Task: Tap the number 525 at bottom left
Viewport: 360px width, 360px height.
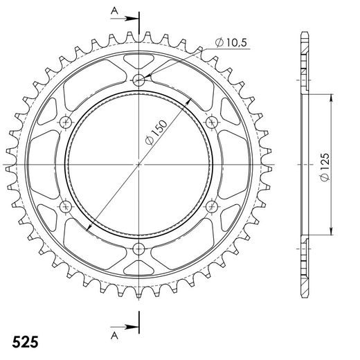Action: click(25, 343)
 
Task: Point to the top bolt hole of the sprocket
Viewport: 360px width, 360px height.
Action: click(139, 80)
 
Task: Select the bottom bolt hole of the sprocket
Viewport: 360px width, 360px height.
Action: click(139, 249)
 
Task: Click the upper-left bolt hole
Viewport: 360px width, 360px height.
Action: click(66, 123)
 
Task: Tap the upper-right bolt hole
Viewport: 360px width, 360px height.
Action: click(213, 123)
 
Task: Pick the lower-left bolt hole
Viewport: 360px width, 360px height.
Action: click(66, 207)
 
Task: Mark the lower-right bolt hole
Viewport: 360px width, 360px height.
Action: click(213, 207)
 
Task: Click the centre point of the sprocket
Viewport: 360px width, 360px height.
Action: click(139, 165)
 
